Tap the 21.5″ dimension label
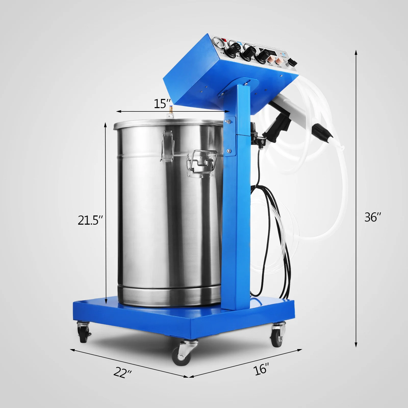(90, 220)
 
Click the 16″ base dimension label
(261, 369)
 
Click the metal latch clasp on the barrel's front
(166, 145)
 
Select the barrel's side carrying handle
(203, 162)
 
